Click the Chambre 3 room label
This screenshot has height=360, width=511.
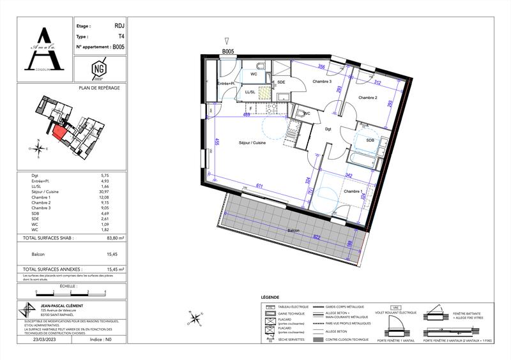coord(322,82)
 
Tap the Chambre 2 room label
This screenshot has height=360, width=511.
coord(368,98)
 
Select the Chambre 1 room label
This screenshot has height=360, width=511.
coord(353,191)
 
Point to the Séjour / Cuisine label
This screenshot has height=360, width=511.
coord(252,142)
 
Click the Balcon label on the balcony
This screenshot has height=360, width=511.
coord(293,231)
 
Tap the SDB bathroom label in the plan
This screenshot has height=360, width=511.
coord(370,140)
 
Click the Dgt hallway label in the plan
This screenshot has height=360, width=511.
coord(328,129)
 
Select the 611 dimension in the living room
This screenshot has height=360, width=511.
coord(259,184)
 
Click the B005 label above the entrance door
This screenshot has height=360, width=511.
coord(228,51)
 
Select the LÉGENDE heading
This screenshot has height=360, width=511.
coord(271,298)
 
